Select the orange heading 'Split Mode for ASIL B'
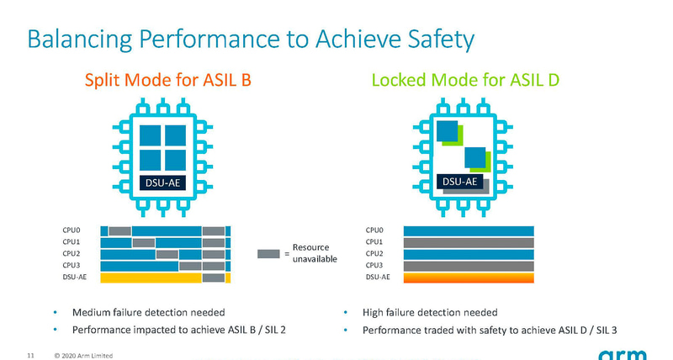click(167, 81)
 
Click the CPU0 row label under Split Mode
click(72, 230)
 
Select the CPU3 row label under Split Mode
click(72, 265)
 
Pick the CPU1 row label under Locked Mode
click(374, 241)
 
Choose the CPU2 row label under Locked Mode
click(374, 253)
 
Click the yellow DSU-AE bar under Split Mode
click(151, 278)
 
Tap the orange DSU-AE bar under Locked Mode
click(469, 278)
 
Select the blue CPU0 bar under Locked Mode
click(469, 230)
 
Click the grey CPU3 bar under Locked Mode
click(469, 266)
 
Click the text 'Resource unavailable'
click(315, 253)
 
